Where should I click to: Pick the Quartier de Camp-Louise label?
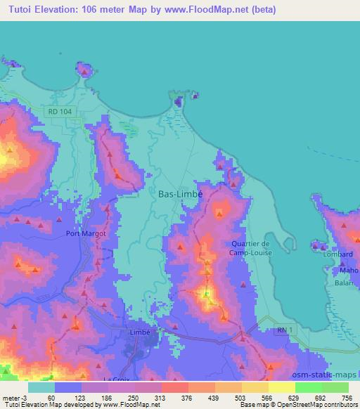[251, 248]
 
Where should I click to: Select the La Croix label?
[116, 380]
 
